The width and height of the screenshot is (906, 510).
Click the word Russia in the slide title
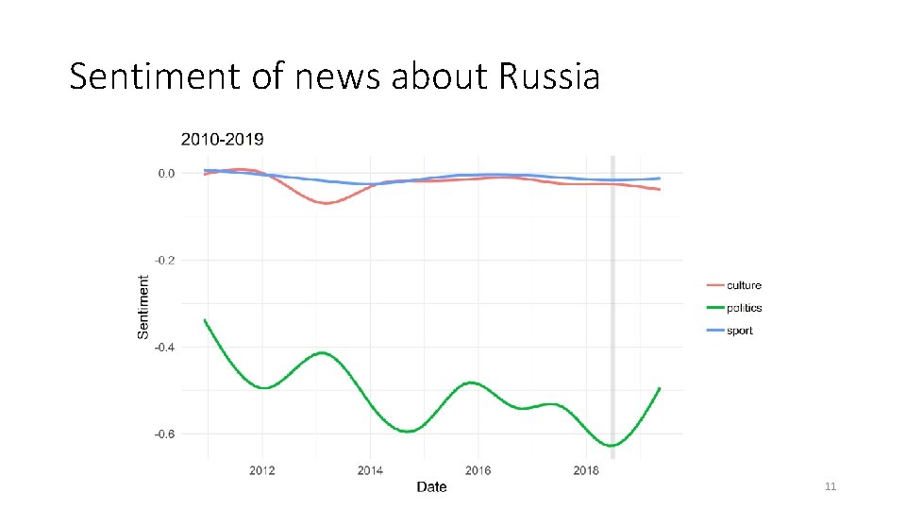(x=548, y=76)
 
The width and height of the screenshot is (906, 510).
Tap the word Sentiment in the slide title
(x=156, y=76)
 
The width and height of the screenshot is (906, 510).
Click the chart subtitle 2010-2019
(x=223, y=139)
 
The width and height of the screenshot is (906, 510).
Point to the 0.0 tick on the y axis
(x=166, y=173)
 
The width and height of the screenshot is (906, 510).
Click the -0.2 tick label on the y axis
(x=164, y=260)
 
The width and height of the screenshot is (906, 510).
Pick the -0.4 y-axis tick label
(x=164, y=347)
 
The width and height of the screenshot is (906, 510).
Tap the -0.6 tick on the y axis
(x=164, y=433)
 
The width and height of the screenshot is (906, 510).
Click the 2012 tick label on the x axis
(x=262, y=470)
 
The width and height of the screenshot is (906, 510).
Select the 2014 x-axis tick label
(x=370, y=470)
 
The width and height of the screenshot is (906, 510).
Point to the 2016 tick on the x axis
(x=478, y=470)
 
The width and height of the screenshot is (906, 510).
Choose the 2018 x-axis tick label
(x=586, y=470)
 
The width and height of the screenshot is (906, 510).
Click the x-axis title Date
(x=431, y=487)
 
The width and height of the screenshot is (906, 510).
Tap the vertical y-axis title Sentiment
(x=143, y=307)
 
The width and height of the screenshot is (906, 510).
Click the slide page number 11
(x=830, y=486)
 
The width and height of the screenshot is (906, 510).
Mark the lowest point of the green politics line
(x=612, y=445)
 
